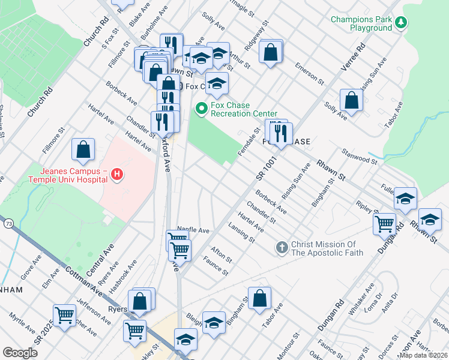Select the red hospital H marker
(118, 175)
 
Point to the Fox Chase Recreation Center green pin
(201, 109)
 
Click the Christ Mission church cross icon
(282, 248)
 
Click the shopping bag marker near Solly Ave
(351, 100)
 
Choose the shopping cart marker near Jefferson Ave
(64, 314)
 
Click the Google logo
(20, 353)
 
